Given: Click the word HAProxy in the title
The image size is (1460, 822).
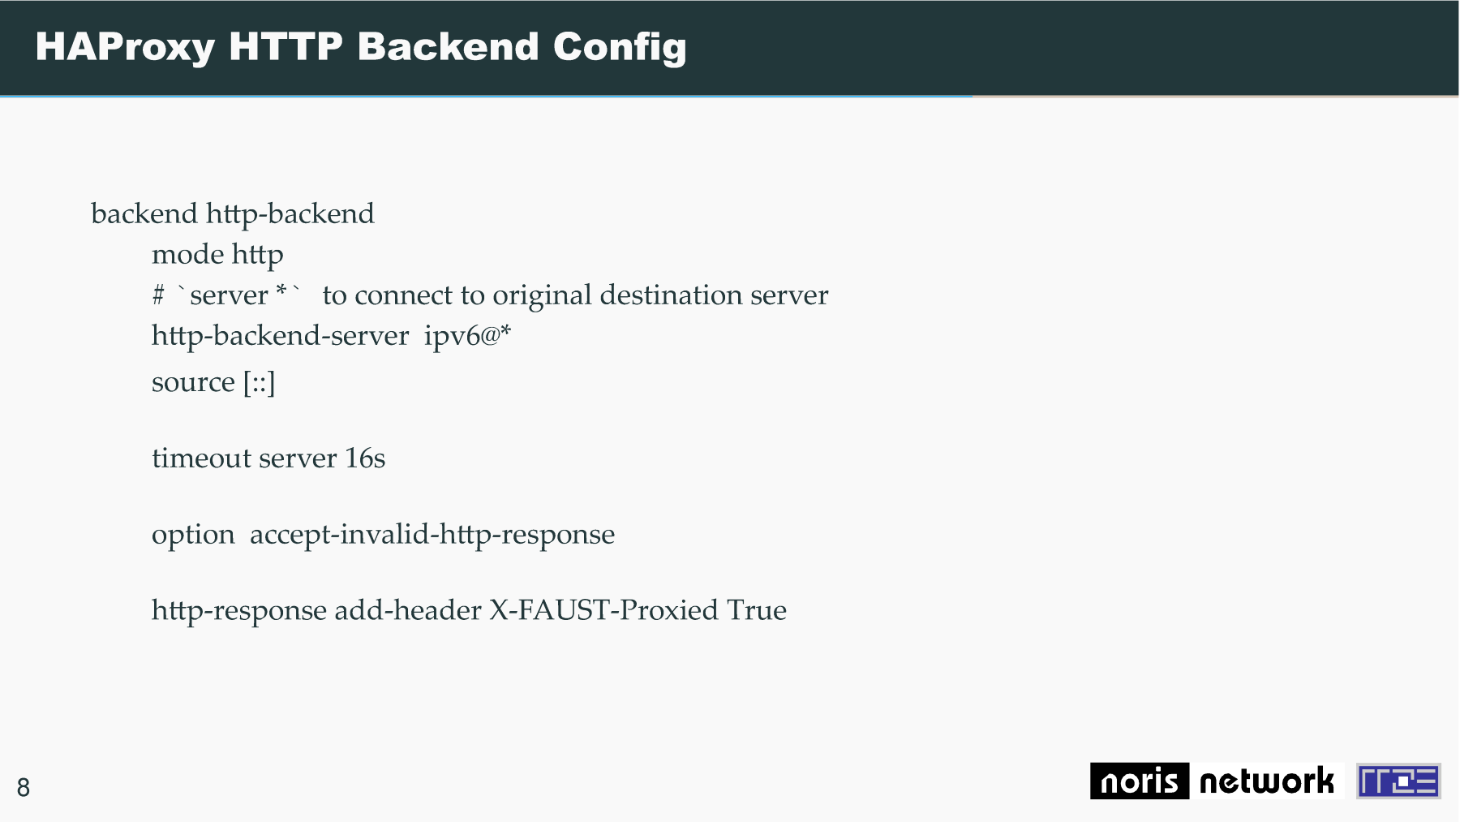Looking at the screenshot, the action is pyautogui.click(x=125, y=47).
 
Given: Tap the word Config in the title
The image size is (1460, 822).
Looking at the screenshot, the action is pyautogui.click(x=620, y=47).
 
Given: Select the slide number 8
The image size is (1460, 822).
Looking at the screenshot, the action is pyautogui.click(x=24, y=787).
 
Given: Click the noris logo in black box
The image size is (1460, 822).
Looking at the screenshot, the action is pyautogui.click(x=1139, y=781).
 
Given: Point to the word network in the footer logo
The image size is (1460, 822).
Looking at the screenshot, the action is pyautogui.click(x=1266, y=781).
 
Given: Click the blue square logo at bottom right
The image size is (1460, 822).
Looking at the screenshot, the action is pyautogui.click(x=1398, y=781).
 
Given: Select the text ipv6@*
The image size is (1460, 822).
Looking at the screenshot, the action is pyautogui.click(x=467, y=336).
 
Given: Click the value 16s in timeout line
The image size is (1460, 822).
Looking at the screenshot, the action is pyautogui.click(x=365, y=458).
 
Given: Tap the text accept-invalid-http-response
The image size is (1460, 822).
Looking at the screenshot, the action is pyautogui.click(x=432, y=535).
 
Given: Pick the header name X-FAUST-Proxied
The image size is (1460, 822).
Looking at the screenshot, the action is pyautogui.click(x=603, y=610).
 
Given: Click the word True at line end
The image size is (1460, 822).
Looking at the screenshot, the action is pyautogui.click(x=757, y=610).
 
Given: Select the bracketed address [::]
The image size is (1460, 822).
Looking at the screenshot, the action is pyautogui.click(x=260, y=382).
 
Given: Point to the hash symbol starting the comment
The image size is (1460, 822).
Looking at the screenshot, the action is pyautogui.click(x=158, y=295).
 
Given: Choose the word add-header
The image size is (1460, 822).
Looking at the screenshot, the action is pyautogui.click(x=408, y=610).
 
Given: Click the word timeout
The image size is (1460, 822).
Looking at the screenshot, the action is pyautogui.click(x=202, y=458).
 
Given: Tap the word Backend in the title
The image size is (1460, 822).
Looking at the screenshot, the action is pyautogui.click(x=449, y=47).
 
